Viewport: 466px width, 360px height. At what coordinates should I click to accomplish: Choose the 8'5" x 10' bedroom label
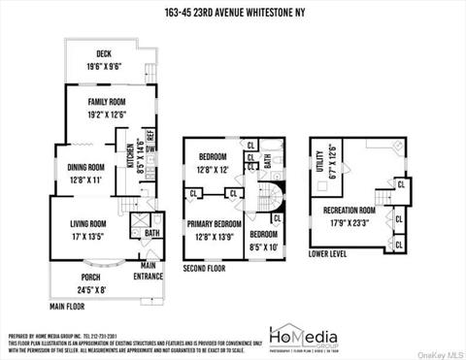[x=262, y=241]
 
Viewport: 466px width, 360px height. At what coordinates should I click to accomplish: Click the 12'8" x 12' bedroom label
[x=213, y=163]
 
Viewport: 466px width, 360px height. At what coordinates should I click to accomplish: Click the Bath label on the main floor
[x=152, y=234]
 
